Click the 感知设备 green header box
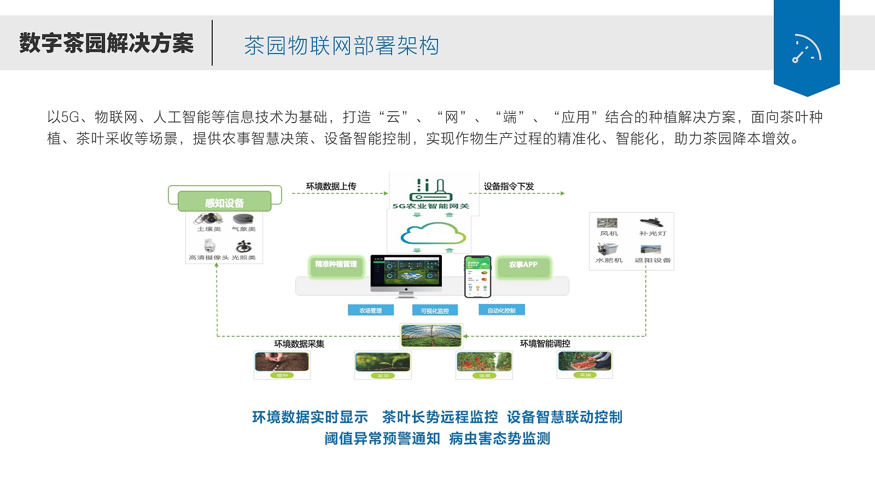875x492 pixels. point(224,202)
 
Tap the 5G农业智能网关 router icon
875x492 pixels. point(430,190)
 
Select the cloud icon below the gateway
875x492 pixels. point(433,233)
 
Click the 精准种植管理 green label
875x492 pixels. point(336,265)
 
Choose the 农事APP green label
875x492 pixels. point(523,265)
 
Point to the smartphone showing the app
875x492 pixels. point(477,276)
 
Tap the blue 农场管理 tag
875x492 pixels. point(371,311)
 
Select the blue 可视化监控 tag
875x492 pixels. point(435,311)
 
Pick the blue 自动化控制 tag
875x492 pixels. point(501,310)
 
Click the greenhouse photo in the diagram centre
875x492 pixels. point(431,335)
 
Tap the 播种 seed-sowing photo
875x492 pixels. point(282,362)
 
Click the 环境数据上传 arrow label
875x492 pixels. point(331,186)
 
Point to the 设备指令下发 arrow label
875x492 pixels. point(509,186)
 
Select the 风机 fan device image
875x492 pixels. point(607,223)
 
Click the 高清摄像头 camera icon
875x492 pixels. point(209,245)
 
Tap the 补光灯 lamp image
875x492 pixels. point(651,222)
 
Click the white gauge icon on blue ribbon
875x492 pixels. point(807,49)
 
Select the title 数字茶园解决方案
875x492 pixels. point(107,43)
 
